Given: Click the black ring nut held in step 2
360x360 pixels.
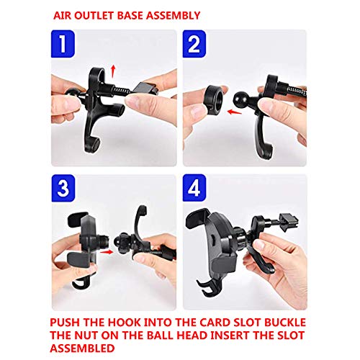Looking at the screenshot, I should coord(210,97).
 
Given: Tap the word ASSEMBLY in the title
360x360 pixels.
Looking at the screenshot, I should coord(174,14).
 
